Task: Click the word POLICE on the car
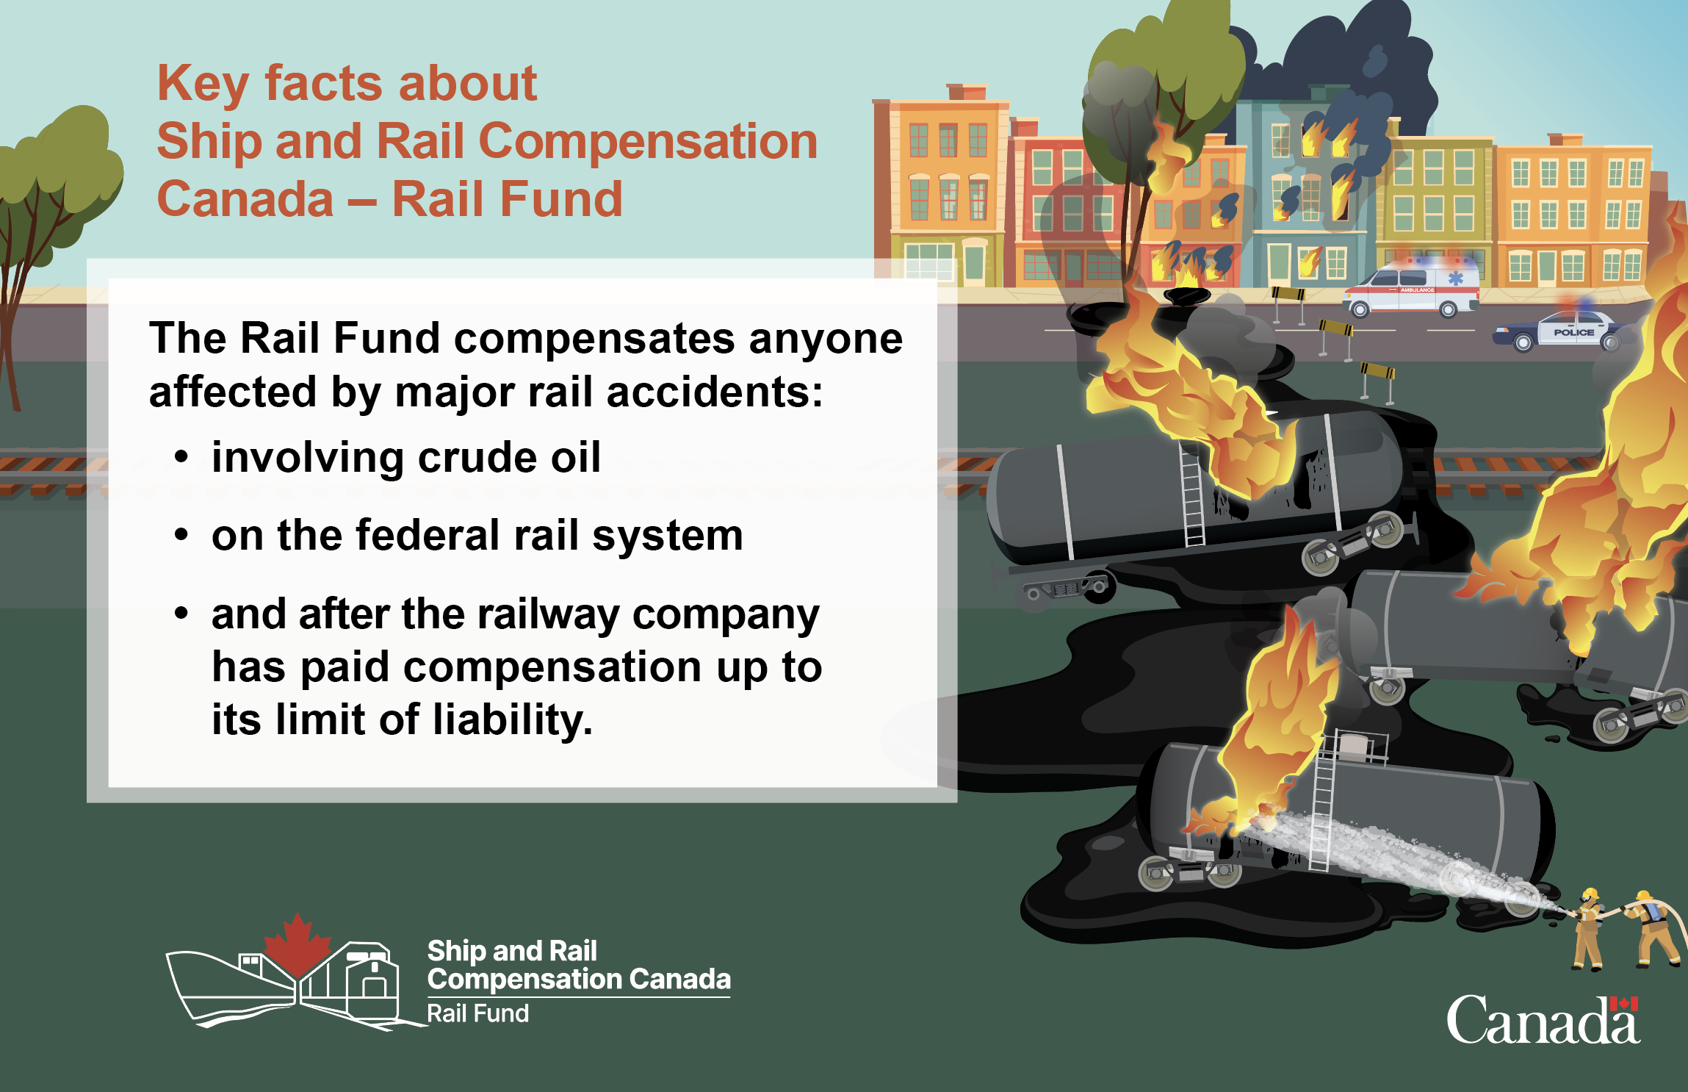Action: coord(1573,332)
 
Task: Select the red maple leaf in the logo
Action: coord(297,944)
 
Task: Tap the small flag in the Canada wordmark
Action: coord(1624,1004)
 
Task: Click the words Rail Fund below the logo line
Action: coord(478,1013)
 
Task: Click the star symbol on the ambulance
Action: coord(1455,279)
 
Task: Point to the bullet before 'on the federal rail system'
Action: coord(181,535)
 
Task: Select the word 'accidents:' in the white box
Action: coord(715,392)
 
